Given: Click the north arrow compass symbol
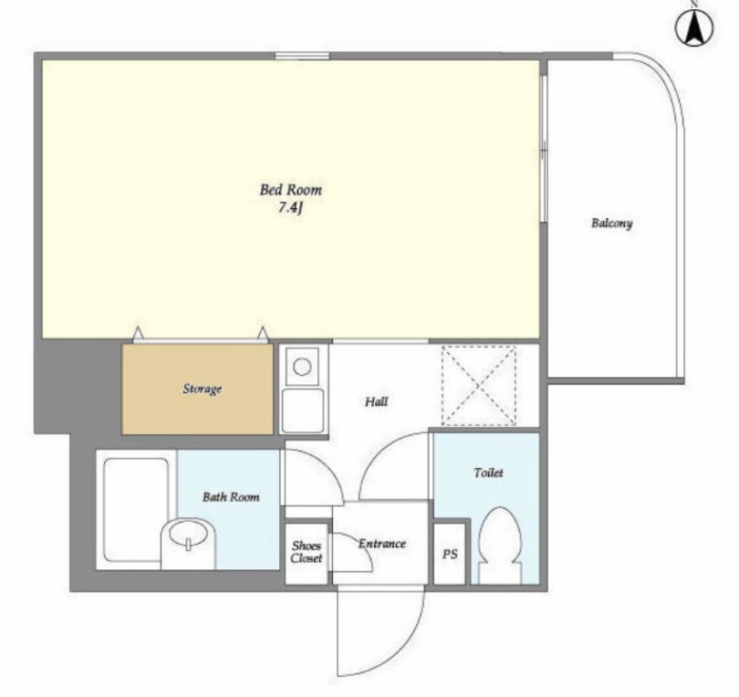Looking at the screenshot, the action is tap(694, 27).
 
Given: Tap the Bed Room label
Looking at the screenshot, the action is tap(291, 190).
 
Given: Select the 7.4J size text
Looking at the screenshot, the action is tap(290, 207).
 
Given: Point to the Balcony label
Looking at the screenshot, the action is tap(612, 223).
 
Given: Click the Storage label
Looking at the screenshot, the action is tap(203, 389).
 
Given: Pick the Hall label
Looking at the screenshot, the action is tap(377, 401).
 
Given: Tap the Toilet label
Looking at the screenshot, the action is tap(488, 473).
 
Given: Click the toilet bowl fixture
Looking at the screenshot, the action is tap(500, 546).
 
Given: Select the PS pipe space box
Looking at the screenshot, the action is tap(450, 554).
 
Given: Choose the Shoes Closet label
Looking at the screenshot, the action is tap(307, 552).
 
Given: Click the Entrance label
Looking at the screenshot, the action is tap(381, 544).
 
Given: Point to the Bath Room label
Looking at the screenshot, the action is tap(231, 496).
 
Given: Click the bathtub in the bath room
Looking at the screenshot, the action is tap(136, 510).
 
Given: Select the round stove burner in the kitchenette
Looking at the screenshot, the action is tap(302, 366).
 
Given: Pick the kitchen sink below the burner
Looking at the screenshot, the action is tap(302, 411).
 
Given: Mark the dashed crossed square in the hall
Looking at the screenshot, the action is tap(478, 386).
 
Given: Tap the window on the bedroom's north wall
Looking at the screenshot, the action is tap(302, 56).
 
